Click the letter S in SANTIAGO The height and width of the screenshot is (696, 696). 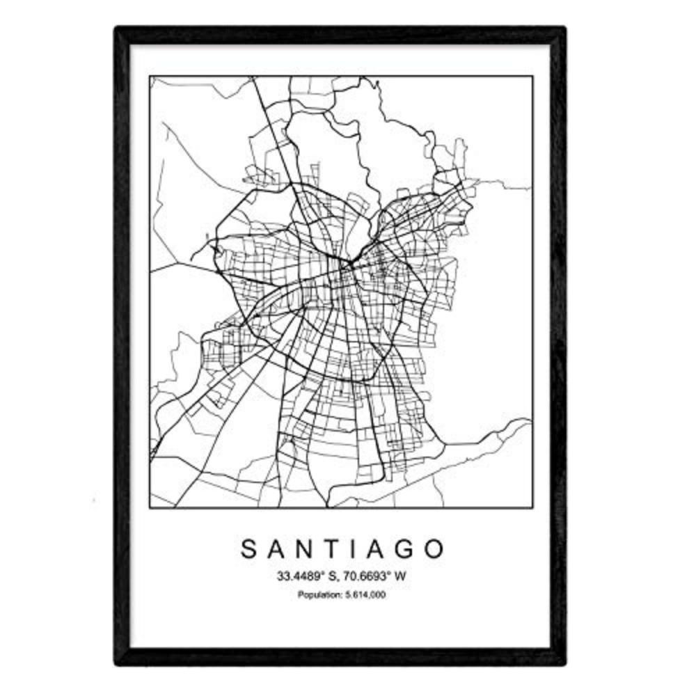click(249, 549)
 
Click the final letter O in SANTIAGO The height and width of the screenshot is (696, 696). click(434, 549)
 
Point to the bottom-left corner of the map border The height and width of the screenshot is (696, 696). click(150, 507)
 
